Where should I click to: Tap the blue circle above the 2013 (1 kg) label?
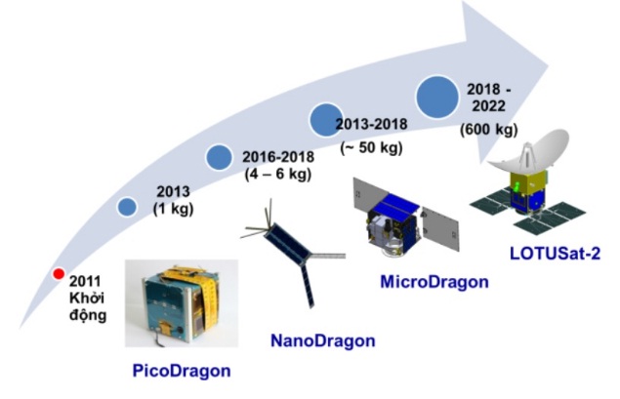[127, 206]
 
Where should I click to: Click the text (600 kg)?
[489, 130]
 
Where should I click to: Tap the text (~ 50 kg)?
[368, 148]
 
